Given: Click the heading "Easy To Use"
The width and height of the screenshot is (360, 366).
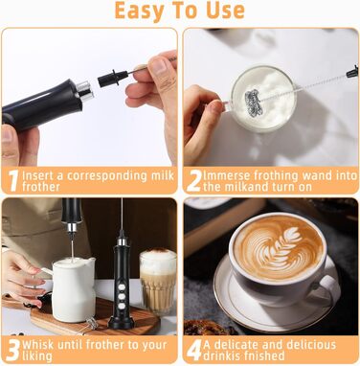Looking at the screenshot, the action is click(x=180, y=11).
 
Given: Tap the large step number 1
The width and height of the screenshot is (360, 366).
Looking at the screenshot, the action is click(x=13, y=181).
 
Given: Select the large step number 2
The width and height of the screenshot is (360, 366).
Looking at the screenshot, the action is click(x=194, y=181).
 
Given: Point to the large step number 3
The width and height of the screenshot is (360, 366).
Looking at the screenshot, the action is click(x=13, y=351).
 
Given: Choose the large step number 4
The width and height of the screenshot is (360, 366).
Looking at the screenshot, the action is click(x=194, y=351).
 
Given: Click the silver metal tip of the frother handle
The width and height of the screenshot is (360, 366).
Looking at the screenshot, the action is click(x=85, y=89).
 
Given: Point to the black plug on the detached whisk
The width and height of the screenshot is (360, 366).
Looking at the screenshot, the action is click(x=112, y=79).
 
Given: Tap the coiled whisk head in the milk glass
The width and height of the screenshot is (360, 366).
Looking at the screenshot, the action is click(x=255, y=102).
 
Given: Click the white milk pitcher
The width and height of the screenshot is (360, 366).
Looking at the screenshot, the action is click(x=74, y=289).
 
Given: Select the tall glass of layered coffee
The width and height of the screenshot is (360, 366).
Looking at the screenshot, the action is click(x=158, y=282).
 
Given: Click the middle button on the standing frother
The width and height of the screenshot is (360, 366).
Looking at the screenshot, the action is click(x=122, y=296).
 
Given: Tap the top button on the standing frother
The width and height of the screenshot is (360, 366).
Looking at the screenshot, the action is click(x=122, y=286).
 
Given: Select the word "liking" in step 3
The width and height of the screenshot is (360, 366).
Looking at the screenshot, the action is click(x=36, y=356).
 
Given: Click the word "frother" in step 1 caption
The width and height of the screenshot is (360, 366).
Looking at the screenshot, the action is click(x=40, y=187).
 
